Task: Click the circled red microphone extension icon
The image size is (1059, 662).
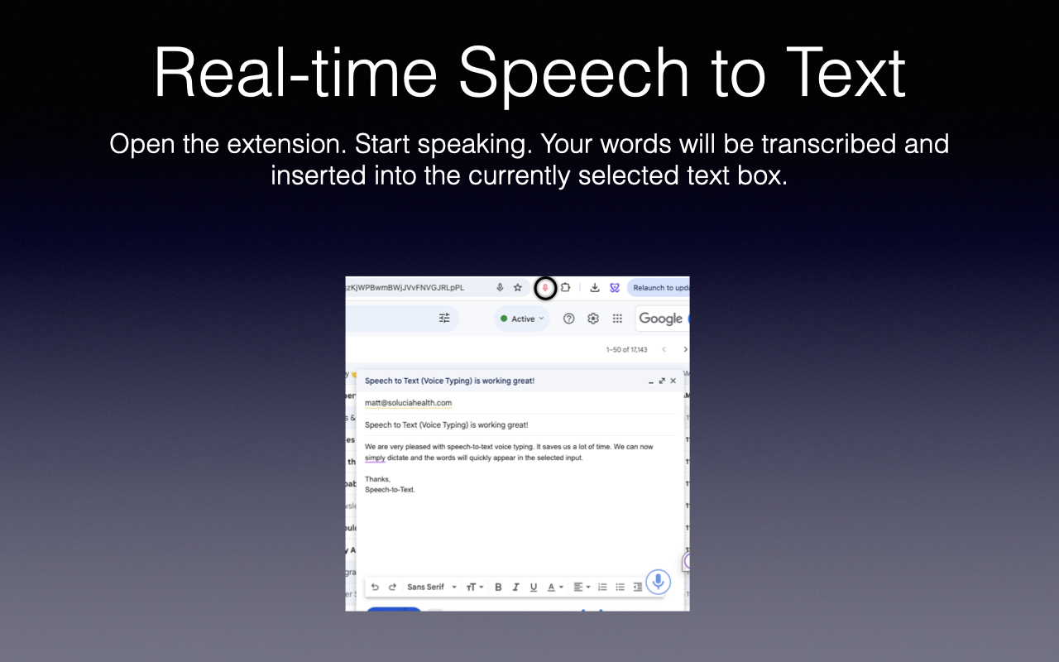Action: pos(544,288)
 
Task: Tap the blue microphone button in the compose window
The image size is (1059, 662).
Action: pos(658,582)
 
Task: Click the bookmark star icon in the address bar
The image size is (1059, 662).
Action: pos(518,288)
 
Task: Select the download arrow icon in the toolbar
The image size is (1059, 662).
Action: pos(594,288)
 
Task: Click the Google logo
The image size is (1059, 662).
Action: pos(660,319)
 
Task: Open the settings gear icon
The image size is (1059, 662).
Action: pos(593,319)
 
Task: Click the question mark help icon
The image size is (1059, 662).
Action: pos(568,319)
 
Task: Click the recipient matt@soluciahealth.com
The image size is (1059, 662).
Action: pos(408,403)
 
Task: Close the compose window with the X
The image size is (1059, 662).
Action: pos(673,381)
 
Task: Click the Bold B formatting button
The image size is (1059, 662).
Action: pos(498,587)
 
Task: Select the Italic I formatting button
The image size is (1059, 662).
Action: pos(515,587)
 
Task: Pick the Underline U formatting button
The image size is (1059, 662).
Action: pos(533,587)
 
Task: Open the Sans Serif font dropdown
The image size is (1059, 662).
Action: pos(431,587)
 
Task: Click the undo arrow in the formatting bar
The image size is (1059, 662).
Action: pos(375,587)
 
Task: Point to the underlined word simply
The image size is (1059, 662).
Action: pos(375,458)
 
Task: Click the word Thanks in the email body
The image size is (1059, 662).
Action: pos(377,479)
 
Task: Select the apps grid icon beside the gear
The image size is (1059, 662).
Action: pos(617,319)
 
